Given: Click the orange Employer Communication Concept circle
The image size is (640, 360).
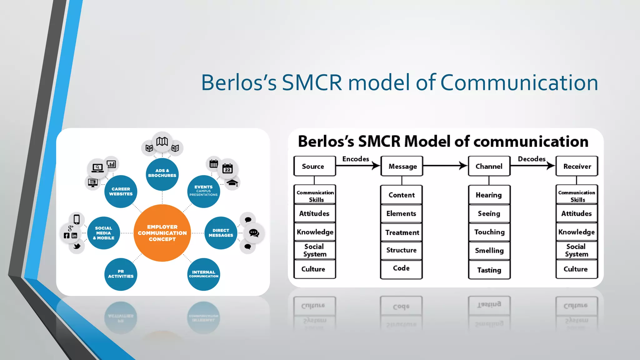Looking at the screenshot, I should (162, 233).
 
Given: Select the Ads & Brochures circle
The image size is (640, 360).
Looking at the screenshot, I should (162, 173).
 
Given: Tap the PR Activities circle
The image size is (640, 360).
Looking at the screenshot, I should (121, 274).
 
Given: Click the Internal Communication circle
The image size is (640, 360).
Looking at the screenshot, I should (204, 274).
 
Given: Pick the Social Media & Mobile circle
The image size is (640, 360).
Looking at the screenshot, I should (103, 233).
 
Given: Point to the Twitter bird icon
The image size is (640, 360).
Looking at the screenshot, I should (77, 246).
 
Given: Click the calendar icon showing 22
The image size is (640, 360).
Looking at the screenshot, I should (227, 169).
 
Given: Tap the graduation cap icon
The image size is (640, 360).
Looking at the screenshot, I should (232, 183).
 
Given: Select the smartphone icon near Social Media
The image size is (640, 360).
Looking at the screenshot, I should (77, 219).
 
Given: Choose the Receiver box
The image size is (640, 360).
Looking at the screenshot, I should (577, 166).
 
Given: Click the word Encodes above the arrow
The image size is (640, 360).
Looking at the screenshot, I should (356, 159).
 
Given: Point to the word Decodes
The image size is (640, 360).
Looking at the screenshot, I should (532, 159).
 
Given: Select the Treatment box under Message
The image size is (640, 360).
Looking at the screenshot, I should (402, 232).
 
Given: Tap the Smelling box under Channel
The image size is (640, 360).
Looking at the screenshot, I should (489, 251).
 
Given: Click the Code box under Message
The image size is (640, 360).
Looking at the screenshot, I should (401, 268).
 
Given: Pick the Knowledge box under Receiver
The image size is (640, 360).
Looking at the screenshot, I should (577, 232).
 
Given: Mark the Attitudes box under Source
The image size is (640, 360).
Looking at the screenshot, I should (315, 213).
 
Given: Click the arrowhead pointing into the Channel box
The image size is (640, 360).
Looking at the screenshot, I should (464, 166).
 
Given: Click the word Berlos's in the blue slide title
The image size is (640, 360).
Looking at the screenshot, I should (239, 83).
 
